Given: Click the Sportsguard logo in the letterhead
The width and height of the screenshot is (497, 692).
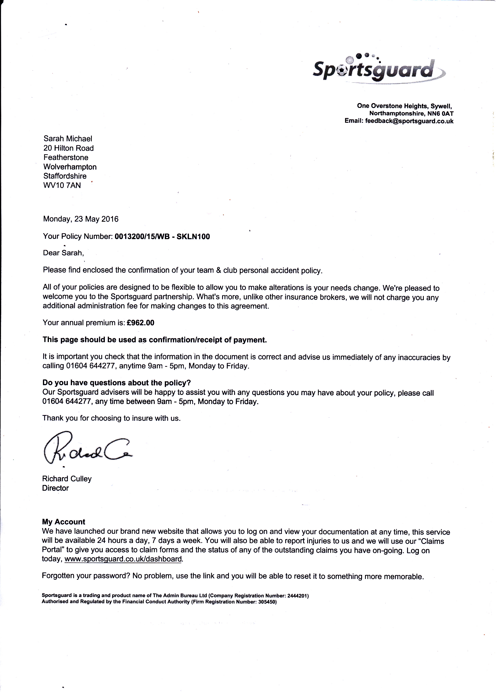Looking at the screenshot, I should coord(378,69).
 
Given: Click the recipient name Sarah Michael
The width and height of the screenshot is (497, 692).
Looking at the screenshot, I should coord(68,139).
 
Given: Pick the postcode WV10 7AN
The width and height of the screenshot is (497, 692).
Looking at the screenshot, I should coord(62,185).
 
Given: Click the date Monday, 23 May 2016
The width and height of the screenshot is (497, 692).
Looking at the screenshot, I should coord(81,219).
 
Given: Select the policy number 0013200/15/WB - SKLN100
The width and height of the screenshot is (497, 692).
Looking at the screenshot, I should coord(162,237).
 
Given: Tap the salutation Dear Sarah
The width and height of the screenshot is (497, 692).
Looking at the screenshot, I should coord(63,253).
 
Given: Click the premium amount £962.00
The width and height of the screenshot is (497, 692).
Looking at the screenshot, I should coord(140,323).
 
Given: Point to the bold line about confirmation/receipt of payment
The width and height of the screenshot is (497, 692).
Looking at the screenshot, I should coord(155,340).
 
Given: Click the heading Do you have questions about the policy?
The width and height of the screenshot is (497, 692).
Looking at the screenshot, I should coord(117,383).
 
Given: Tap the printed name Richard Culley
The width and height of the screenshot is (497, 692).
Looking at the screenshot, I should coord(67,479).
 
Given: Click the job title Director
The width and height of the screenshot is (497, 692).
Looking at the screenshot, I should coord(55,488).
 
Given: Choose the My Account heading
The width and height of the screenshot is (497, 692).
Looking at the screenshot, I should coord(64,522).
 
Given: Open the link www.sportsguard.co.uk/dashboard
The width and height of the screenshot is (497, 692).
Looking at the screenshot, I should coord(123,559).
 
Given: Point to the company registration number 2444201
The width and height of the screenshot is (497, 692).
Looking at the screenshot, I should coord(297,596).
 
